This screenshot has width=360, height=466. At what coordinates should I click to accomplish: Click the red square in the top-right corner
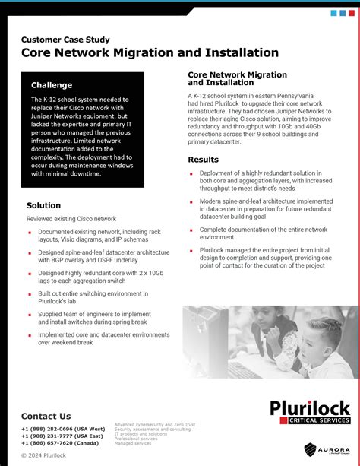click(x=352, y=13)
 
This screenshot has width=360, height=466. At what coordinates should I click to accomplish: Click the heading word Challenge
click(x=52, y=85)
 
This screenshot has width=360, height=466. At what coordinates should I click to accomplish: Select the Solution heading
click(x=43, y=205)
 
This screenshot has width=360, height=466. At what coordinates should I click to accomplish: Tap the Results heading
click(x=203, y=160)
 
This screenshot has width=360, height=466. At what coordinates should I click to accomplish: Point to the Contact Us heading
click(x=46, y=416)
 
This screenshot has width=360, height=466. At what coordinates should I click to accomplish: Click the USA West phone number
click(x=63, y=429)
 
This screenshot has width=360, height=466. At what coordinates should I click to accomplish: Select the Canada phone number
click(x=60, y=442)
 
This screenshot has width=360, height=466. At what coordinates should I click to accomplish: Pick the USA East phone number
click(x=62, y=436)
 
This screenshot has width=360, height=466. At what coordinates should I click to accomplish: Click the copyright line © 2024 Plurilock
click(x=43, y=455)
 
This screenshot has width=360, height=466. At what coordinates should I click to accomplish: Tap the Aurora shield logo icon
click(x=311, y=449)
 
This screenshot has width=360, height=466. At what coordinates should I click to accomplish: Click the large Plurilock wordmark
click(x=310, y=408)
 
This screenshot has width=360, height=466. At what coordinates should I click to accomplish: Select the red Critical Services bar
click(x=310, y=420)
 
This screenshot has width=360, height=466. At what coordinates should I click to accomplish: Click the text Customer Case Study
click(x=65, y=39)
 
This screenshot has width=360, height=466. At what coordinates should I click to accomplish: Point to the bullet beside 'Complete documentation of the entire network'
click(x=191, y=229)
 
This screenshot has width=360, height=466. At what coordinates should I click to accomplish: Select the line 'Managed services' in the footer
click(x=131, y=443)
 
